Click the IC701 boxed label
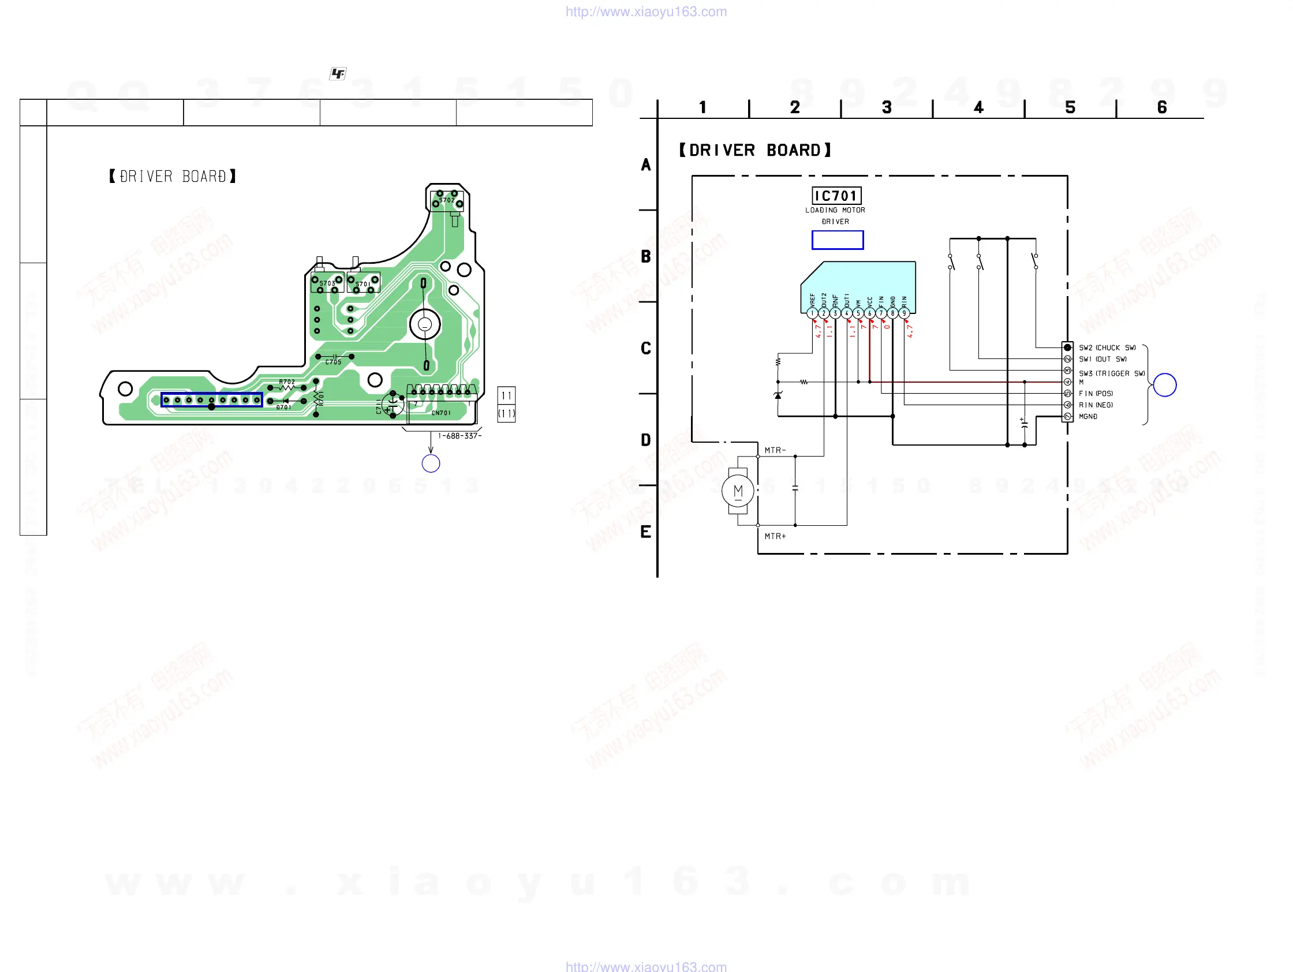coord(836,195)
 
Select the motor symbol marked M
coord(738,491)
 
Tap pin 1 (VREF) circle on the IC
coord(812,313)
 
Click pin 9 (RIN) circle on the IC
coord(904,313)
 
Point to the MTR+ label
coord(775,536)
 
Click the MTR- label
coord(775,450)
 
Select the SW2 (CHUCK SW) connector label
coord(1107,348)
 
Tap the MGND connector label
coord(1088,417)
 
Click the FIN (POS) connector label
coord(1096,393)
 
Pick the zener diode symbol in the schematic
coord(778,396)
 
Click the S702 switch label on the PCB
coord(447,200)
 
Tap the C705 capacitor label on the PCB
coord(333,362)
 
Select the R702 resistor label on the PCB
coord(287,382)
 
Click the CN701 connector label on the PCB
coord(441,413)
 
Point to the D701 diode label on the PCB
coord(283,408)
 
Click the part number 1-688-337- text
coord(459,436)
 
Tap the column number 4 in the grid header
coord(978,107)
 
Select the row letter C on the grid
coord(645,349)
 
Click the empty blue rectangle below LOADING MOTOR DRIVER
coord(837,240)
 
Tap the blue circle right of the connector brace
coord(1164,385)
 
